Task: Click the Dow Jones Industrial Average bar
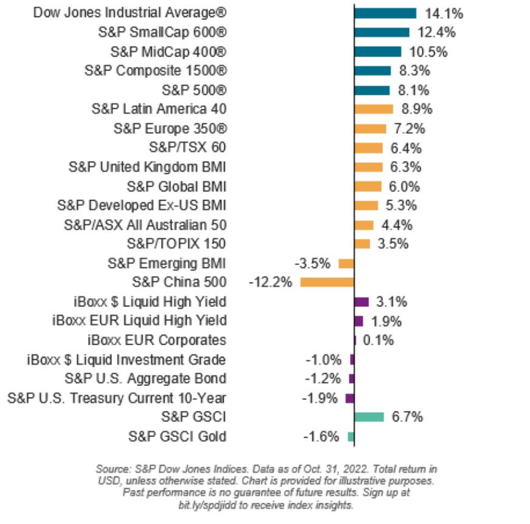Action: coord(385,13)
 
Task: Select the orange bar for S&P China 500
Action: coord(327,282)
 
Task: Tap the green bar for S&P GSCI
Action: coord(369,416)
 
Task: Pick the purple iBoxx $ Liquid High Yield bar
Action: coord(362,302)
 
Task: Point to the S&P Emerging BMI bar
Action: coord(346,263)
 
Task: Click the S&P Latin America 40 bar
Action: coord(373,109)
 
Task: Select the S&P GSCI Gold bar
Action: coord(351,436)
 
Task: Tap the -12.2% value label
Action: coord(271,282)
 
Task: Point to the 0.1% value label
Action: coord(378,340)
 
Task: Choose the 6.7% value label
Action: coord(407,416)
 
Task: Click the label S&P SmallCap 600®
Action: coord(162,32)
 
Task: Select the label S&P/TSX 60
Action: coord(187,148)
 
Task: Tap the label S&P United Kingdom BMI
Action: coord(148,167)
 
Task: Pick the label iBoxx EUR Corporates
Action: coord(157,340)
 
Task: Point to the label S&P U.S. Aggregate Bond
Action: coord(145,378)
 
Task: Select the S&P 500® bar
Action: coord(371,90)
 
